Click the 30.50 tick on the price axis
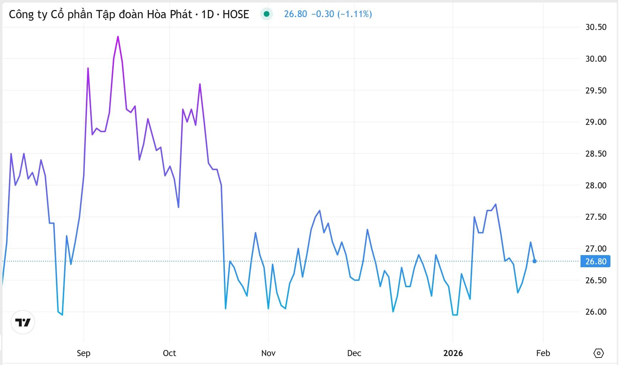point(595,27)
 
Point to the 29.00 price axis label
point(595,122)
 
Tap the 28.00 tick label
point(595,186)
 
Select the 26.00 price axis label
point(595,312)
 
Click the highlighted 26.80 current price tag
point(595,262)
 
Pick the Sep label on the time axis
point(83,353)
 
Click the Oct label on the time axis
point(169,353)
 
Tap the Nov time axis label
point(268,353)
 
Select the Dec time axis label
point(354,353)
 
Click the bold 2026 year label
point(453,353)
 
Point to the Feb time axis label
point(543,353)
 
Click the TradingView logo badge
point(23,323)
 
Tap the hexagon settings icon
point(598,353)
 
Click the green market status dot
point(266,14)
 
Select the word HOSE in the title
point(236,14)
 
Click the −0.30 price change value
point(323,14)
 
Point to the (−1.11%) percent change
point(355,14)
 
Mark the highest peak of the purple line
point(118,36)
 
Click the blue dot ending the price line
point(534,261)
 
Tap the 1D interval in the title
point(207,14)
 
